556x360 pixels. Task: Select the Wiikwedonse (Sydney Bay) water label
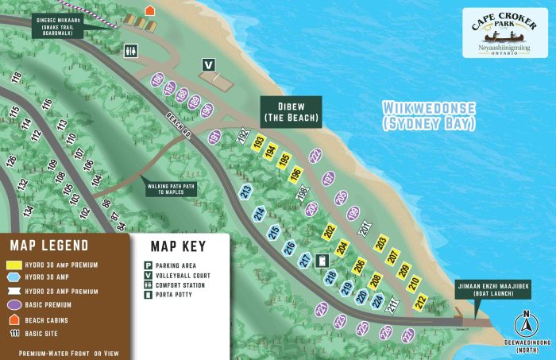[428, 116]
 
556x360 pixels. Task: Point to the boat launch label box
[486, 289]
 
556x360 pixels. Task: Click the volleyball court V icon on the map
[209, 65]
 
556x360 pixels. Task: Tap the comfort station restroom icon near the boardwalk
[131, 50]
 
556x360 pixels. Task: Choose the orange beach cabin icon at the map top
[149, 10]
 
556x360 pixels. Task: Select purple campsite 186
[157, 79]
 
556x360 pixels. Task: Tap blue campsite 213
[246, 192]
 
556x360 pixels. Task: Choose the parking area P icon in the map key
[148, 265]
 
